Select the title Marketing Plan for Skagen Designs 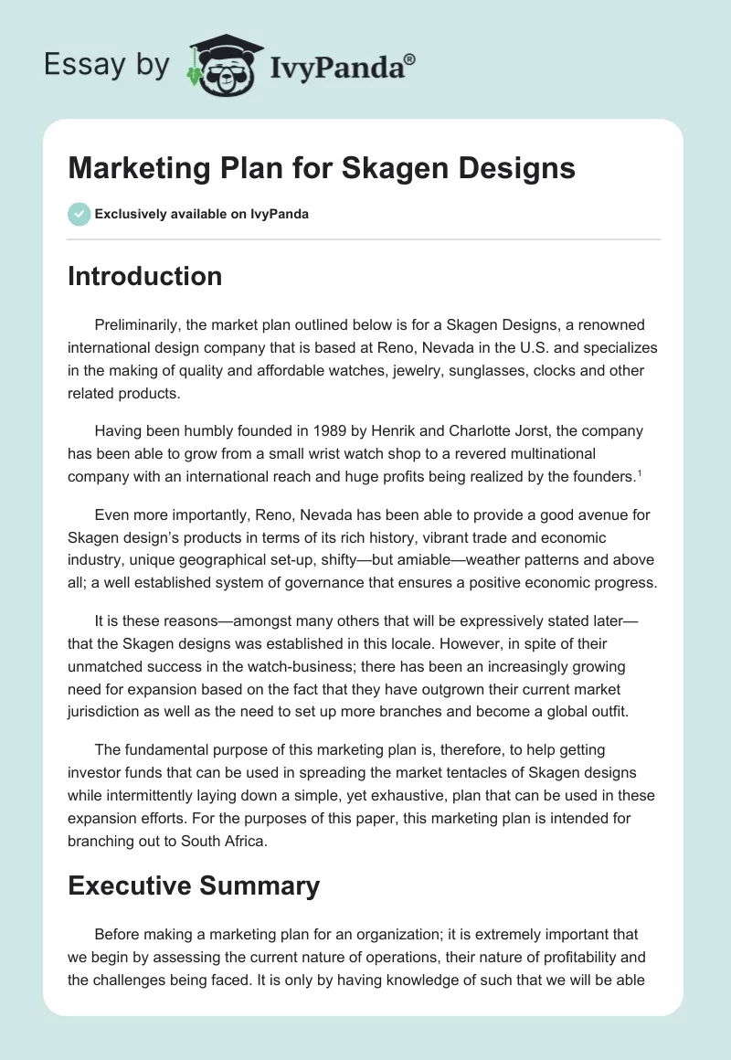point(322,168)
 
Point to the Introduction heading point(144,276)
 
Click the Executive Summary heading point(194,885)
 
